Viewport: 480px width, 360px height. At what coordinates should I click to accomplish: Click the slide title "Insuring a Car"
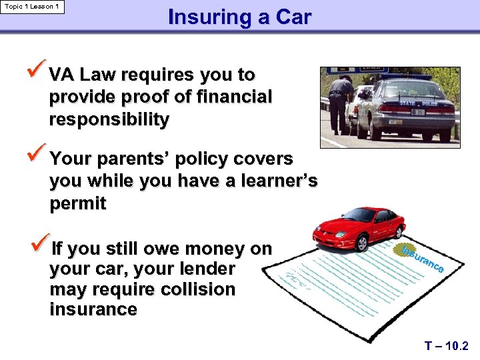(x=239, y=17)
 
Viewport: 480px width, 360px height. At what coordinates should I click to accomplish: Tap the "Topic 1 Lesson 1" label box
(x=33, y=7)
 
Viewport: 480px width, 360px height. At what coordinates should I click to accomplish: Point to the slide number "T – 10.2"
(x=447, y=346)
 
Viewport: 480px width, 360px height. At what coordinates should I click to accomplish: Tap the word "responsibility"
(x=109, y=120)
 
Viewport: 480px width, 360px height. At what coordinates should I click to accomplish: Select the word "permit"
(x=77, y=204)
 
